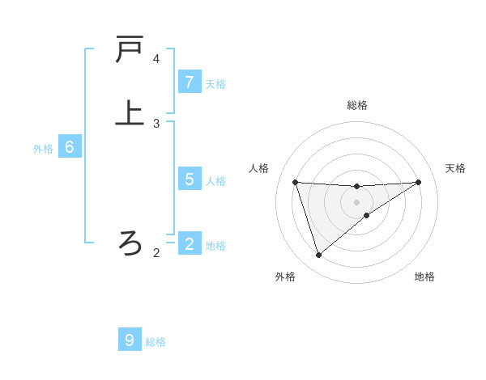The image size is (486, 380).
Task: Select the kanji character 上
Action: click(x=130, y=112)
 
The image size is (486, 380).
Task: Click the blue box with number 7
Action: click(x=190, y=82)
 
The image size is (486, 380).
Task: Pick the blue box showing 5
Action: click(x=190, y=179)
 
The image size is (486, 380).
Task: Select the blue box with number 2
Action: click(x=190, y=243)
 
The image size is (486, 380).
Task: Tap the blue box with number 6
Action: click(x=70, y=147)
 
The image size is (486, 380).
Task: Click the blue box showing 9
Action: click(x=130, y=340)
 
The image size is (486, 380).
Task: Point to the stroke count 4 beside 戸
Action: click(x=156, y=59)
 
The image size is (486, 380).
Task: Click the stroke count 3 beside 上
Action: click(x=156, y=124)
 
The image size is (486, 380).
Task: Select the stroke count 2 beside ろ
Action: click(x=156, y=253)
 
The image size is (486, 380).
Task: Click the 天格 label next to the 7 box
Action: click(x=215, y=83)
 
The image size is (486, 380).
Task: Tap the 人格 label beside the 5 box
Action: click(x=215, y=180)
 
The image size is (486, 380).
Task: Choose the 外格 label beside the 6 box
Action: click(x=43, y=149)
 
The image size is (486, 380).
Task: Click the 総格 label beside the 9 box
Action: click(x=156, y=342)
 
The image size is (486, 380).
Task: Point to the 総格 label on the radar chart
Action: click(x=357, y=105)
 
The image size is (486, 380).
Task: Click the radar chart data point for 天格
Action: click(x=418, y=182)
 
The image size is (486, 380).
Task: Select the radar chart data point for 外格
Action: click(x=318, y=255)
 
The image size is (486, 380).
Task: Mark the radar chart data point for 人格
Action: click(x=295, y=182)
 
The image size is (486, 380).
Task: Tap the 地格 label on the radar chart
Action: click(x=424, y=277)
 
